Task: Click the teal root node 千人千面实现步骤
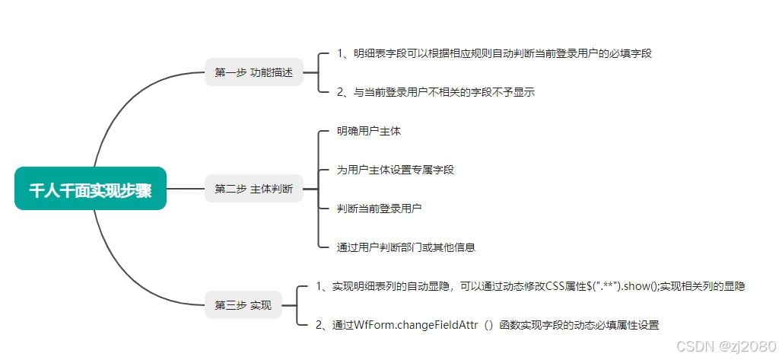pyautogui.click(x=90, y=189)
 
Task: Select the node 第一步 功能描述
pyautogui.click(x=253, y=72)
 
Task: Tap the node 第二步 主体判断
pyautogui.click(x=253, y=189)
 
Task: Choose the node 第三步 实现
pyautogui.click(x=243, y=305)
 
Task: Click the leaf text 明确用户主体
pyautogui.click(x=369, y=131)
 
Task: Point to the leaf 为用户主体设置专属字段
pyautogui.click(x=396, y=170)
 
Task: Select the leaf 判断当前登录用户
pyautogui.click(x=380, y=208)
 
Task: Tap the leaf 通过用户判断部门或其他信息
pyautogui.click(x=406, y=247)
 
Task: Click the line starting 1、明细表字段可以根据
pyautogui.click(x=494, y=53)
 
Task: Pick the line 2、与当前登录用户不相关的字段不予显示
pyautogui.click(x=436, y=92)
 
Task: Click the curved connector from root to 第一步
pyautogui.click(x=122, y=107)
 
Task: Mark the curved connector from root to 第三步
pyautogui.click(x=122, y=270)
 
